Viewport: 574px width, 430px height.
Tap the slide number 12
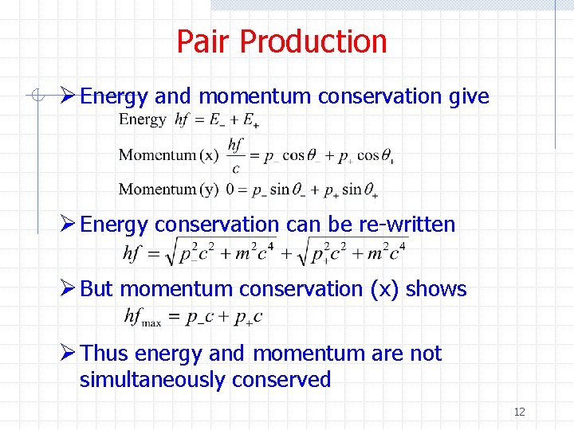pyautogui.click(x=519, y=412)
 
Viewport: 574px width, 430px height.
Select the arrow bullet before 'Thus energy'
pyautogui.click(x=69, y=353)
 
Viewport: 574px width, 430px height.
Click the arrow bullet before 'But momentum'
pyautogui.click(x=69, y=288)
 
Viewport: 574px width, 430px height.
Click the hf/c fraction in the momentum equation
pyautogui.click(x=235, y=155)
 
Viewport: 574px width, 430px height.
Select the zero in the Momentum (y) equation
pyautogui.click(x=230, y=190)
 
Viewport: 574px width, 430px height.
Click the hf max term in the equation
pyautogui.click(x=143, y=317)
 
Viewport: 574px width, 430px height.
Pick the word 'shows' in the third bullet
pyautogui.click(x=436, y=288)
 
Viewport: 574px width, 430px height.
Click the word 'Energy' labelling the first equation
pyautogui.click(x=143, y=120)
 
